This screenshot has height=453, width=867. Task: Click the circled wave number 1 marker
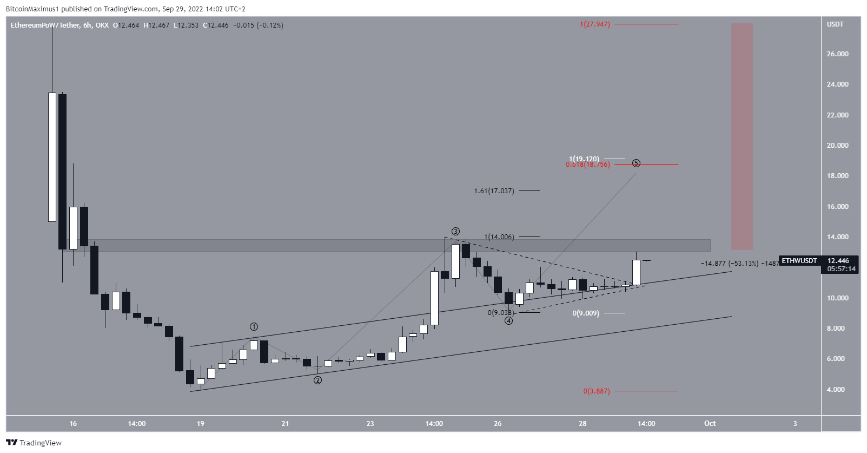click(254, 327)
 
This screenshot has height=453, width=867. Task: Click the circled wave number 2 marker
click(318, 380)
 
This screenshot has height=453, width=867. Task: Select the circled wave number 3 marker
click(456, 232)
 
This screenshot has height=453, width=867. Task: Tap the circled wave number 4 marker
click(509, 321)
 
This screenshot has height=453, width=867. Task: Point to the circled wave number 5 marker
click(636, 163)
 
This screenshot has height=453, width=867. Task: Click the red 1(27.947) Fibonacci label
click(594, 24)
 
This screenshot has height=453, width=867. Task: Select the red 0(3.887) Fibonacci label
click(596, 391)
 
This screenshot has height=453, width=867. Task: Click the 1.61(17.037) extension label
click(494, 191)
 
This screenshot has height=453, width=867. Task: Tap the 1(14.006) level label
click(499, 237)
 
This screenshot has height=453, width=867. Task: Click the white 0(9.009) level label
click(586, 313)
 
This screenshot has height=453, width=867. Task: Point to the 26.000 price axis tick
click(838, 54)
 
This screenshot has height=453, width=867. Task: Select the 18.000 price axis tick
click(838, 176)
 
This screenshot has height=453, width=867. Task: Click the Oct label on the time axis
click(710, 424)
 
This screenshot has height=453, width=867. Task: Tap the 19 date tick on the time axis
click(201, 424)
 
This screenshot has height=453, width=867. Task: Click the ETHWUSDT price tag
click(799, 261)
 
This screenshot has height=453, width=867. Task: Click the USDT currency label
click(835, 24)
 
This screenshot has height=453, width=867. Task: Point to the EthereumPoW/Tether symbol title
click(45, 25)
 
